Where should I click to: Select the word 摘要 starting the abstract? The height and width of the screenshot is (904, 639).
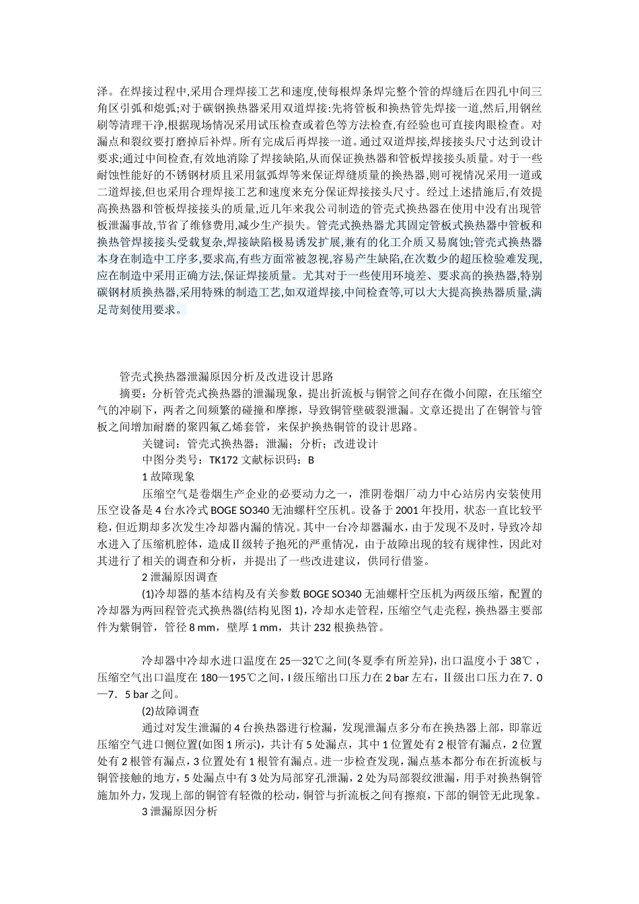tap(130, 393)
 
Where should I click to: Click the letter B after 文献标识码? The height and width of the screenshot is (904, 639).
tap(311, 461)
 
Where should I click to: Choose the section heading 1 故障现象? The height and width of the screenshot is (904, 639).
tap(168, 477)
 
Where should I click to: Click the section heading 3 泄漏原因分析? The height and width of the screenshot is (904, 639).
tap(180, 812)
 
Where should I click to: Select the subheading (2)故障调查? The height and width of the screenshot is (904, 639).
tap(170, 711)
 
